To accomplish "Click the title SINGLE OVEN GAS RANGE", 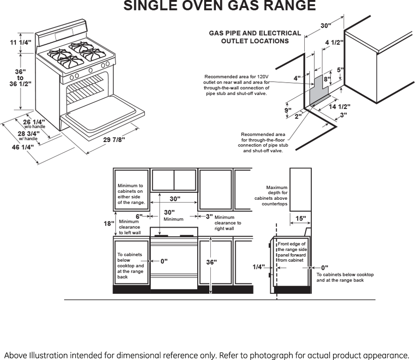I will pos(220,6).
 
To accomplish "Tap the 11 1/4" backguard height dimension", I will pos(21,43).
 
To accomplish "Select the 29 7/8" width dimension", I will pos(114,140).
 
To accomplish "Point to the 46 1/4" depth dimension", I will pos(23,147).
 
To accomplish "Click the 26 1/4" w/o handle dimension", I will pos(34,123).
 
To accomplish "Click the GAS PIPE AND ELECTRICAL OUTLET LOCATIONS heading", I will pos(255,37).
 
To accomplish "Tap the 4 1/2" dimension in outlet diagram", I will pos(334,42).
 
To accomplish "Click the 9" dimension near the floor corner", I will pos(288,110).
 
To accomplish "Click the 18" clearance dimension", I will pos(108,224).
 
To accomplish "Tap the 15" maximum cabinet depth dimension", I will pos(301,218).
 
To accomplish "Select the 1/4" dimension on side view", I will pos(259,267).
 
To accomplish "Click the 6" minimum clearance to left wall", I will pos(139,216).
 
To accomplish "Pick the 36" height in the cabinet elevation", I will pos(212,262).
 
